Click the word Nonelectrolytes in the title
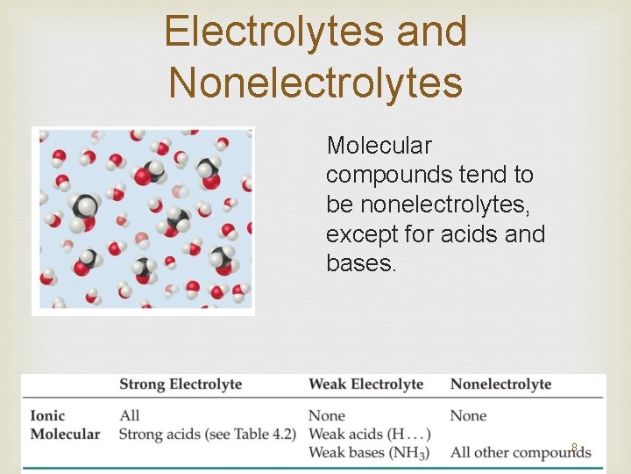(x=315, y=83)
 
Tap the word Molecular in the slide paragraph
(x=379, y=146)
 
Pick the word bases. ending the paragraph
(x=361, y=263)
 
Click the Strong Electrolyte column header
(x=181, y=384)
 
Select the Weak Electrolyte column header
(x=365, y=384)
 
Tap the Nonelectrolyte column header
(x=500, y=384)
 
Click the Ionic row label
(x=47, y=415)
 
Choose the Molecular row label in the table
(x=65, y=434)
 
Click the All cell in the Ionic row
(x=129, y=415)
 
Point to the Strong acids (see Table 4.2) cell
(x=207, y=434)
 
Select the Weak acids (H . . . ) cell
(x=369, y=434)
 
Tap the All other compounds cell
(x=520, y=453)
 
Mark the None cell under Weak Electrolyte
(x=327, y=415)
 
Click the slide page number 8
(x=574, y=447)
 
